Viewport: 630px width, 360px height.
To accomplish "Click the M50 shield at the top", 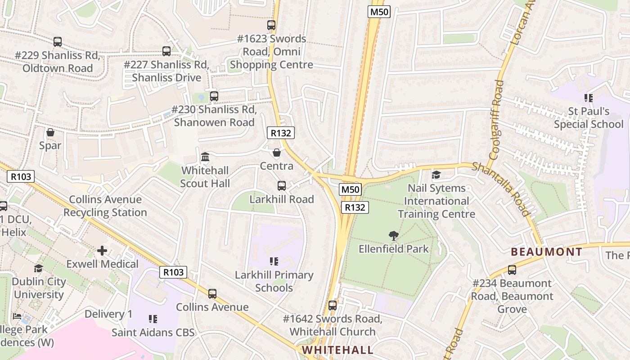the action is [x=378, y=12].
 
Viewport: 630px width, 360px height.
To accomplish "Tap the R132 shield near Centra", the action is [x=281, y=133].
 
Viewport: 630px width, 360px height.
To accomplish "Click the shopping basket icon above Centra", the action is [x=277, y=153].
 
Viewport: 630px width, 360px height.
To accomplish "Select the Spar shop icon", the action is [x=50, y=132].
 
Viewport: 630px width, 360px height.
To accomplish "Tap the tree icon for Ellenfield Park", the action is [x=394, y=235].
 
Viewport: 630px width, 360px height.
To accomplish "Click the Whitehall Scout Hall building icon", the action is [x=205, y=157].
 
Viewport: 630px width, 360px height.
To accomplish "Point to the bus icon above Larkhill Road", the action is [x=282, y=185].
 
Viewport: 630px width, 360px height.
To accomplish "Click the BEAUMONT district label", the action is [x=547, y=252].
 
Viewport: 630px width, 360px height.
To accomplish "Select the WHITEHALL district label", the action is [x=337, y=350].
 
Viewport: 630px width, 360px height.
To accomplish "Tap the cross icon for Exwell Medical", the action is [x=102, y=250].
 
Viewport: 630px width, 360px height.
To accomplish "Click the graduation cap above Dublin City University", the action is [x=39, y=268].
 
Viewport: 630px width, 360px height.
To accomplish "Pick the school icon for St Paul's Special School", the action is [x=588, y=98].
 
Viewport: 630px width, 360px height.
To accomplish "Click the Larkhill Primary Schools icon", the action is [x=274, y=261].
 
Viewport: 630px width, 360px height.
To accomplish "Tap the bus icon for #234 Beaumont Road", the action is [x=512, y=270].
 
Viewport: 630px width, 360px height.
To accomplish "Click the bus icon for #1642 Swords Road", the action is [x=333, y=305].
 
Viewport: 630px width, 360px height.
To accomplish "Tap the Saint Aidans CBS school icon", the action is [x=153, y=319].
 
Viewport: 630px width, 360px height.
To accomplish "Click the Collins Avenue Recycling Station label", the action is [x=105, y=206].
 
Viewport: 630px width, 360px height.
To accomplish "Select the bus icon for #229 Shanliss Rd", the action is [x=58, y=42].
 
